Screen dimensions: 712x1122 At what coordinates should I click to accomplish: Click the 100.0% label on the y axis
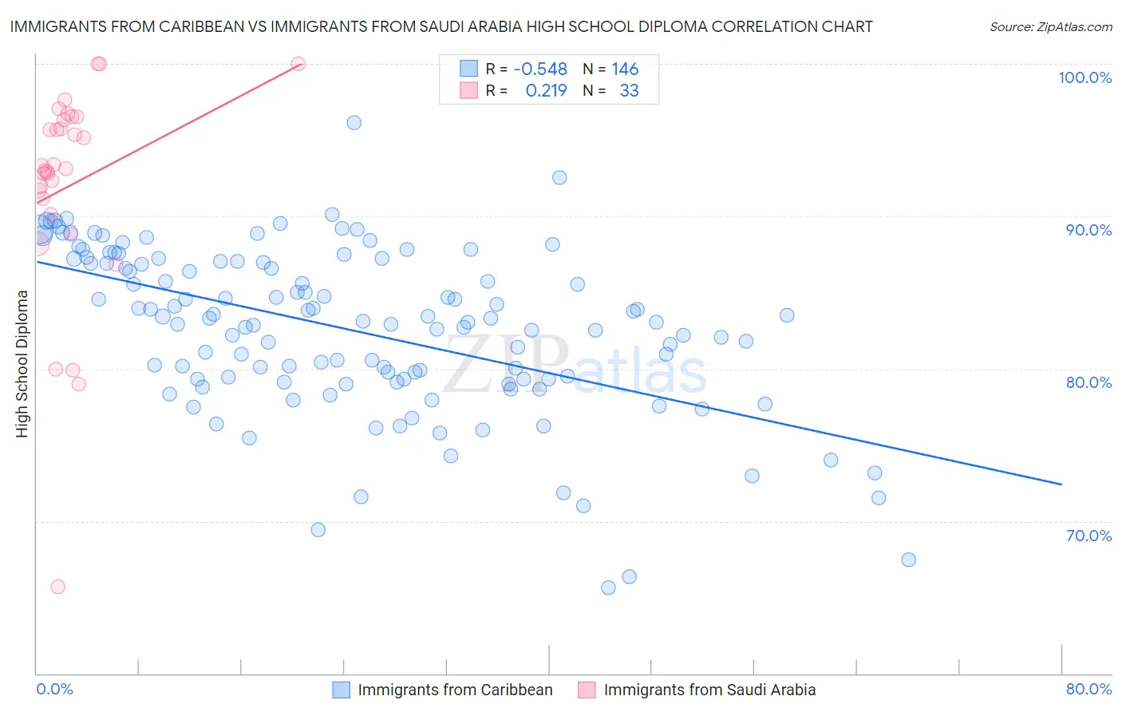(x=1084, y=77)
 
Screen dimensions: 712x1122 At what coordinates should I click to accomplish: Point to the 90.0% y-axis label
(x=1088, y=230)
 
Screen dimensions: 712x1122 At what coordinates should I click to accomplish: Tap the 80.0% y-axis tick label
(x=1088, y=382)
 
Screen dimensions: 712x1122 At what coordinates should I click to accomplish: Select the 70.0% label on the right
(x=1088, y=536)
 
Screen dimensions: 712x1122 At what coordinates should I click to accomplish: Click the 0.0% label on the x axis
(x=54, y=690)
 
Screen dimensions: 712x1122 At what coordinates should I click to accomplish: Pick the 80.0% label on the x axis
(x=1088, y=690)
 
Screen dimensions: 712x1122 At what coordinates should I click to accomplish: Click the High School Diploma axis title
(x=22, y=363)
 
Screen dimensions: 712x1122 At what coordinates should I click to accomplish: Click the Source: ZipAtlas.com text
(x=1050, y=27)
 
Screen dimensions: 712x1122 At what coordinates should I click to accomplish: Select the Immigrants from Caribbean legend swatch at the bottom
(x=341, y=690)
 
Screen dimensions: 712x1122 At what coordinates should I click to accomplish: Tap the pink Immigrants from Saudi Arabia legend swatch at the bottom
(x=587, y=690)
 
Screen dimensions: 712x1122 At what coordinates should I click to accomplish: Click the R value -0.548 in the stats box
(x=540, y=69)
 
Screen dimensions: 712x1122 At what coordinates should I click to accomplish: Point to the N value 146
(x=625, y=69)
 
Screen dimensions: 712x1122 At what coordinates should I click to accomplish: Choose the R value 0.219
(x=546, y=91)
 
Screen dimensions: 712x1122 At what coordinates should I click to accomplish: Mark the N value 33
(x=629, y=91)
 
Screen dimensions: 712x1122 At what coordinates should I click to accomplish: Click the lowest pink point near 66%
(x=57, y=587)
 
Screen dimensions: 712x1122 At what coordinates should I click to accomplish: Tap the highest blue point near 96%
(x=354, y=123)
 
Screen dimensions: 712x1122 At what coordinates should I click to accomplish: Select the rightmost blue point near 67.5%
(x=908, y=560)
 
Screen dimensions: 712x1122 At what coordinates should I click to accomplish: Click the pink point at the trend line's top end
(x=298, y=64)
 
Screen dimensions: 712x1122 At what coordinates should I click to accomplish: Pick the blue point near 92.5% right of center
(x=559, y=178)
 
